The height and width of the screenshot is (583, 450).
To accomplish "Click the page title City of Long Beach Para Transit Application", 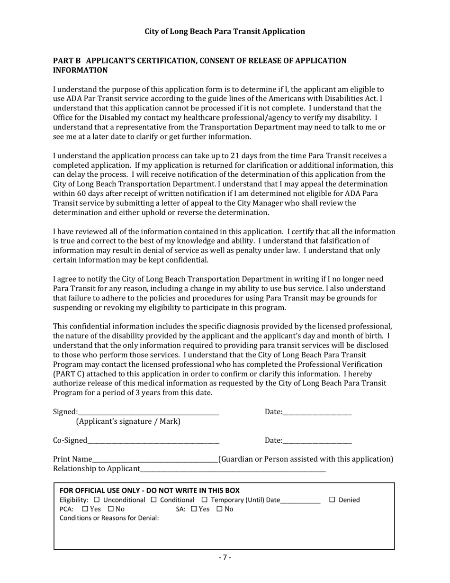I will [x=225, y=31].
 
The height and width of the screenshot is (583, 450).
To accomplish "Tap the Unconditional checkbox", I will [x=97, y=500].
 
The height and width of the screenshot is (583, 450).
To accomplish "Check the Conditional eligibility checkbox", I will [x=153, y=500].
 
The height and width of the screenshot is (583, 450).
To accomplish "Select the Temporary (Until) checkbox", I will [x=205, y=500].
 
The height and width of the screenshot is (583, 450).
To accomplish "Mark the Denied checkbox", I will [x=332, y=500].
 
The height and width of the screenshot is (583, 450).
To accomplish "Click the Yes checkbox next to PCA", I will [x=85, y=509].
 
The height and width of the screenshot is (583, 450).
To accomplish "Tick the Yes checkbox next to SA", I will [x=194, y=509].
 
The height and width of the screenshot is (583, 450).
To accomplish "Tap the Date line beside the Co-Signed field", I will [x=317, y=441].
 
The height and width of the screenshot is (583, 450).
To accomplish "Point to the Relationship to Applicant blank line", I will [x=233, y=469].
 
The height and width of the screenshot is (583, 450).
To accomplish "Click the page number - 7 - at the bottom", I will [x=225, y=557].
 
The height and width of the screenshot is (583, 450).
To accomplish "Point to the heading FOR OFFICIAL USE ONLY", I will [x=149, y=490].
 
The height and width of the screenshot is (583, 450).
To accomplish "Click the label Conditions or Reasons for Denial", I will [x=109, y=518].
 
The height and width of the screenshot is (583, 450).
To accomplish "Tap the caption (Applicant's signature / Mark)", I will [x=128, y=421].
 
